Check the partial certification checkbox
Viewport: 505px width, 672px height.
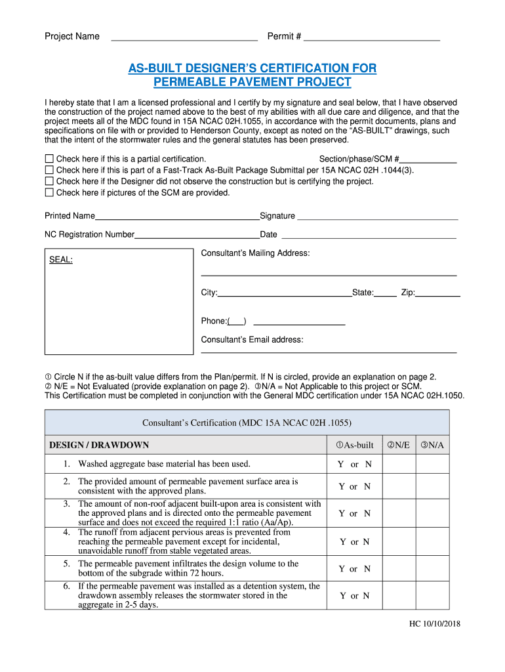[49, 159]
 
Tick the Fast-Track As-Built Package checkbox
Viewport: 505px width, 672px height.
[49, 170]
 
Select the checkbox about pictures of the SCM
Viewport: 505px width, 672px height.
[49, 192]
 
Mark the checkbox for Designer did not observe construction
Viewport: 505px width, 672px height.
[49, 181]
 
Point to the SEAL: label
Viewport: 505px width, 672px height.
[61, 260]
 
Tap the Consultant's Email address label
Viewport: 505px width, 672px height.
[252, 339]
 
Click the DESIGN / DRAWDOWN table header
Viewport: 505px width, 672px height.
[99, 445]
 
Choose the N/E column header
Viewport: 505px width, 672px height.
[399, 445]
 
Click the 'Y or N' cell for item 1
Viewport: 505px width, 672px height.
[354, 464]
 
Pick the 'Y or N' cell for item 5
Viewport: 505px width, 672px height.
[354, 569]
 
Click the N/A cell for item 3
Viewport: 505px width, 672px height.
[432, 513]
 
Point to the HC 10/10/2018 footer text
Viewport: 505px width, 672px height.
[431, 623]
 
